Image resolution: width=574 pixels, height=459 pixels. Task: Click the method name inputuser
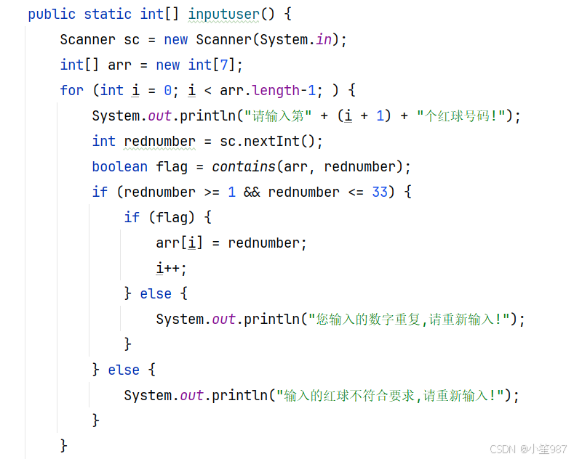coord(224,14)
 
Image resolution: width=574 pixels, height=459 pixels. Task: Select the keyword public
coord(52,14)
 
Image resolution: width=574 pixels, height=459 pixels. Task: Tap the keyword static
coord(108,14)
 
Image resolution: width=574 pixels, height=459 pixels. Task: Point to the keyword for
coord(71,90)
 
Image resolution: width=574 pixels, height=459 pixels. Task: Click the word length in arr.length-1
coord(276,90)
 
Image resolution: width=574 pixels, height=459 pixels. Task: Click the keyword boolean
coord(119,166)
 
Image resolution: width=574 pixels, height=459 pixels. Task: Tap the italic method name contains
coord(243,166)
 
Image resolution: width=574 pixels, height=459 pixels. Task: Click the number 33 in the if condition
coord(379,192)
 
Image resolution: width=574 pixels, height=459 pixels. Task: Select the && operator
coord(252,192)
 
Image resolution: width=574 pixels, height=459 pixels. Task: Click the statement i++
coord(171,268)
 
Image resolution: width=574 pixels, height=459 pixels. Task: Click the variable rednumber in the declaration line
coord(159,141)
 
